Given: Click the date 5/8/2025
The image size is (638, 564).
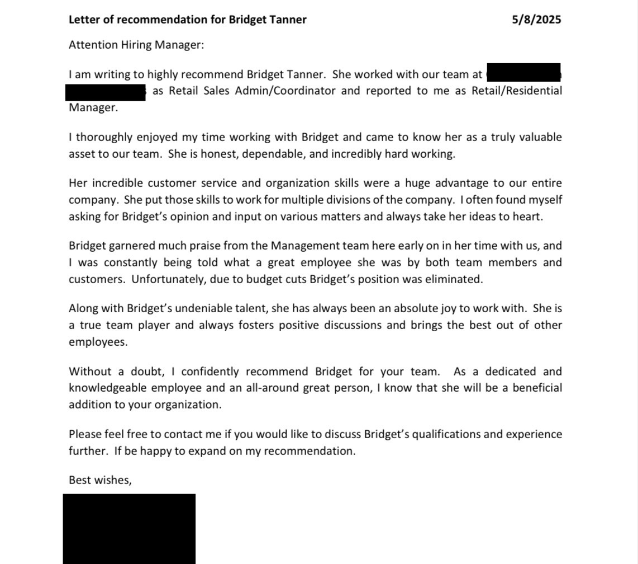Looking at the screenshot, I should tap(536, 20).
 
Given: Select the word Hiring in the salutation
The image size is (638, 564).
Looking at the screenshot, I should tap(136, 45).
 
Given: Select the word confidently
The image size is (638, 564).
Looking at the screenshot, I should tap(211, 372).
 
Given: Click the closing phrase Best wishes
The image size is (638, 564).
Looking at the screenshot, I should tap(100, 480).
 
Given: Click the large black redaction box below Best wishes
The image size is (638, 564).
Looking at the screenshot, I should tap(129, 528).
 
